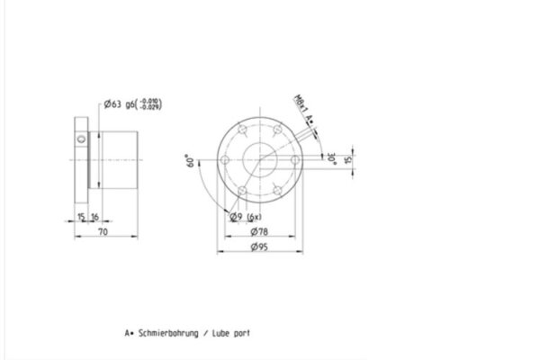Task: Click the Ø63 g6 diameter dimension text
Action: tap(121, 105)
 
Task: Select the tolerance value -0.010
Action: tap(149, 101)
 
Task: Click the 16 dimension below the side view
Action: tap(94, 216)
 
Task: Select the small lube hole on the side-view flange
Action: tap(82, 139)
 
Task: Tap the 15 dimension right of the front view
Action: tap(350, 158)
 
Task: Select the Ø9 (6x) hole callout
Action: tap(245, 217)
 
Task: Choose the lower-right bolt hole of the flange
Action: tap(276, 191)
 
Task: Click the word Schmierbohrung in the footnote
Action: tap(167, 332)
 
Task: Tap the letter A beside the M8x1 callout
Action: tap(308, 118)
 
